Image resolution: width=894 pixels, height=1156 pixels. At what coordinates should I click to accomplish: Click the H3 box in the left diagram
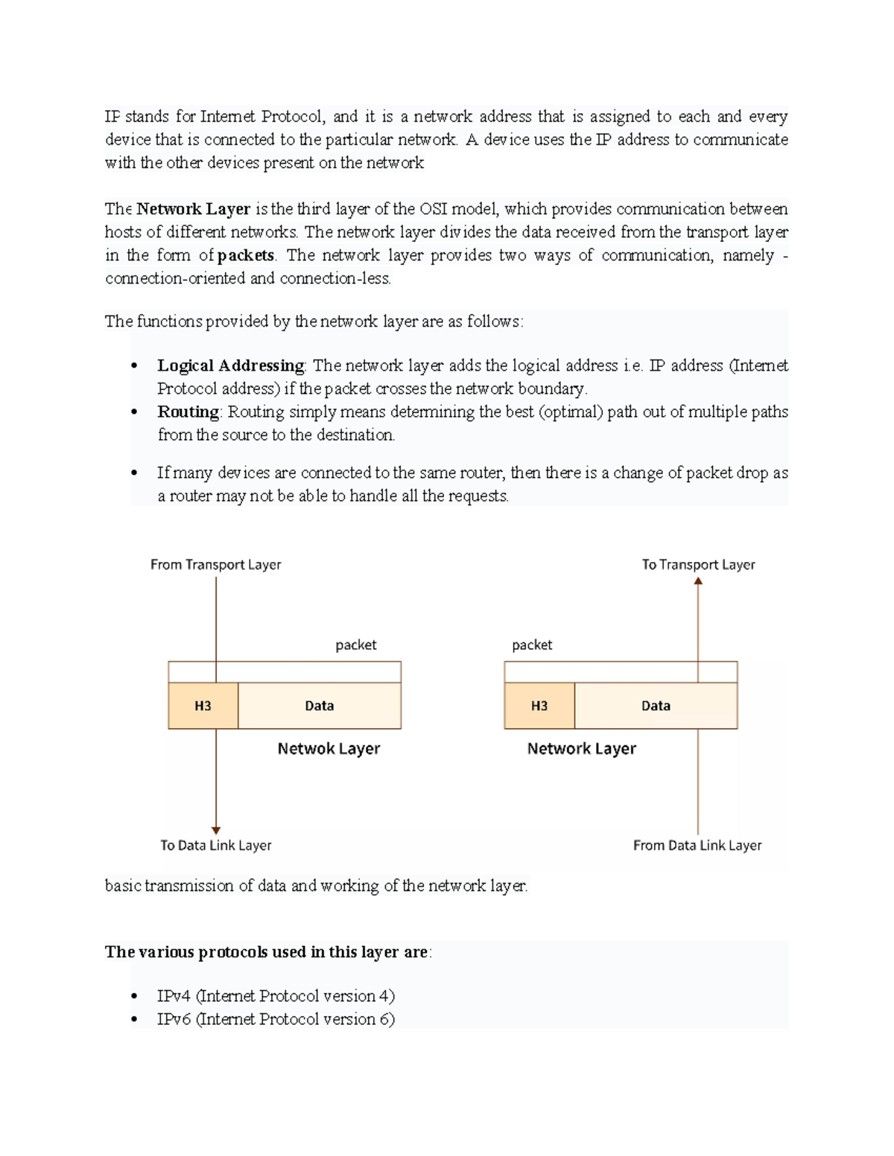(203, 706)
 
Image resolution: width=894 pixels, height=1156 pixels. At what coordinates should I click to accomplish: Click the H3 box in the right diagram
(539, 706)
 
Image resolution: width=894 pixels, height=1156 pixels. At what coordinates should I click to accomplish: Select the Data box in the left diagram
(320, 706)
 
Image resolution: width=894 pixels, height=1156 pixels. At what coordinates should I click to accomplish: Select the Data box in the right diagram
(656, 706)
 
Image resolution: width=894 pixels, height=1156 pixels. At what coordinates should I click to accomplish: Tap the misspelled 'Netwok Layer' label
(329, 749)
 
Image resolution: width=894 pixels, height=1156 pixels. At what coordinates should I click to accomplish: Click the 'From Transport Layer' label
(215, 565)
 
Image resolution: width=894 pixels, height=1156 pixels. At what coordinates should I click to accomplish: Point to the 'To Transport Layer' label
(698, 565)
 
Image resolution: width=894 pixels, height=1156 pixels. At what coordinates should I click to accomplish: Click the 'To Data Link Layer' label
(215, 846)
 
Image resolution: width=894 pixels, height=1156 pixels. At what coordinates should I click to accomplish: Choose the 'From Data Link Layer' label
(697, 846)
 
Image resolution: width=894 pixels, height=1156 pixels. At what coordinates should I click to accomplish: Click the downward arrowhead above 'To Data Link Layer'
(216, 830)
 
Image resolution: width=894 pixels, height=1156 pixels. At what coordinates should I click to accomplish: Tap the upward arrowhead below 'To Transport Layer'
(698, 581)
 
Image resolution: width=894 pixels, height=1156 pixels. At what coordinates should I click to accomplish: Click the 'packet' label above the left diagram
(355, 645)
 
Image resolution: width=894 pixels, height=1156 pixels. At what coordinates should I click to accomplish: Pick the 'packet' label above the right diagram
(532, 645)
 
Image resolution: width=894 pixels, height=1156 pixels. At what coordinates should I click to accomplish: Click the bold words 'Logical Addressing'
(230, 366)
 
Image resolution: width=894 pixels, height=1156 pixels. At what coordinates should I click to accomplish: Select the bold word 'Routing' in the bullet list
(188, 412)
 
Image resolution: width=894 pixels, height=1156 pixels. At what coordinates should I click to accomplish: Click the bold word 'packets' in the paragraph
(245, 255)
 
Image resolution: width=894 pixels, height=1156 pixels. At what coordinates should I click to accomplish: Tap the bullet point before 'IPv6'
(134, 1020)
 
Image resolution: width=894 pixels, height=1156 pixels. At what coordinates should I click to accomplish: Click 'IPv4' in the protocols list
(174, 996)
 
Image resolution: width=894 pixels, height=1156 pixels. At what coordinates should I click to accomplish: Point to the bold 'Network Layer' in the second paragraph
(193, 209)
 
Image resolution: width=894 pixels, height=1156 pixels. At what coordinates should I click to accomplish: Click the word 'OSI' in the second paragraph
(434, 209)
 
